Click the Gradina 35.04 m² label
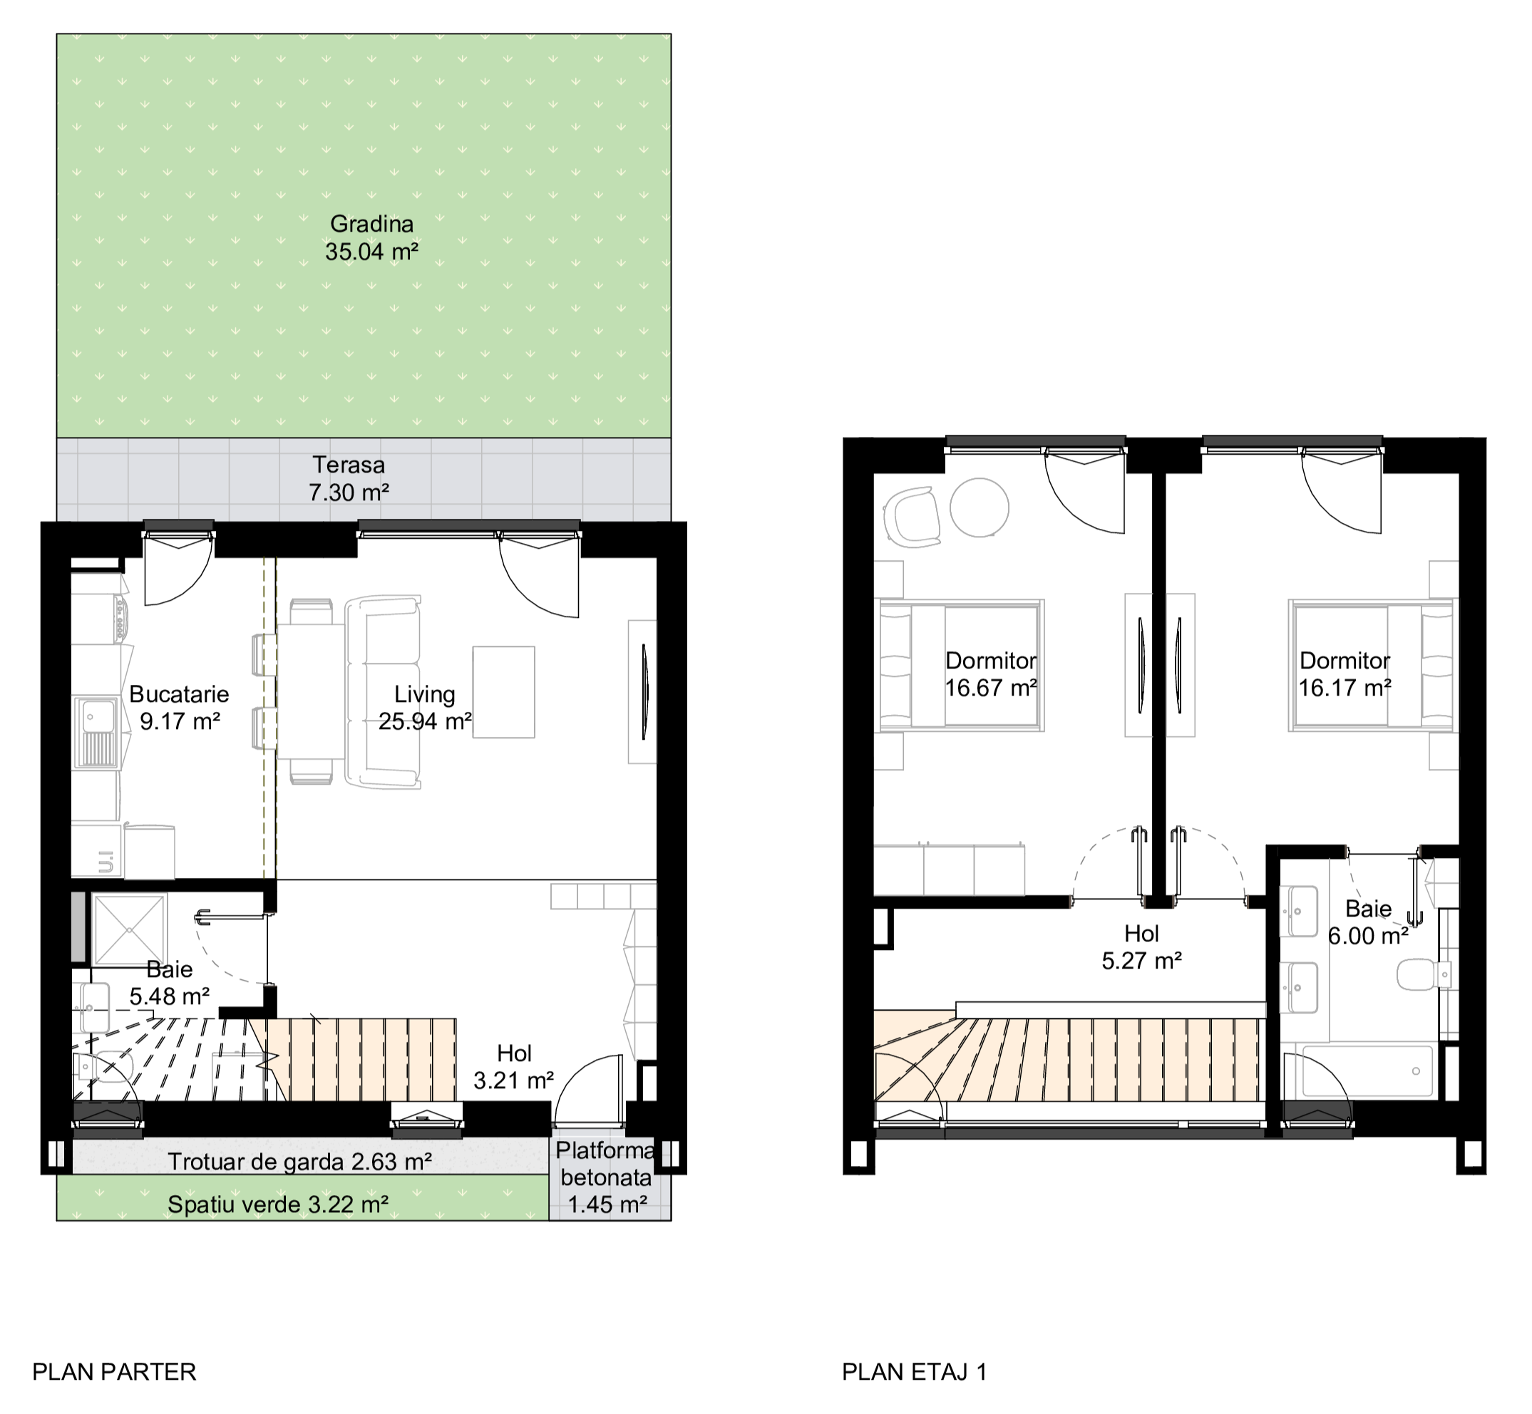pyautogui.click(x=372, y=238)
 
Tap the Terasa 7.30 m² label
pyautogui.click(x=348, y=478)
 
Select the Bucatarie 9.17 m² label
pyautogui.click(x=179, y=707)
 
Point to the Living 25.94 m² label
pyautogui.click(x=425, y=707)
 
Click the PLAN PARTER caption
pyautogui.click(x=114, y=1372)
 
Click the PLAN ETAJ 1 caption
pyautogui.click(x=915, y=1372)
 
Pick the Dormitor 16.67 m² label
pyautogui.click(x=991, y=674)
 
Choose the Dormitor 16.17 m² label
pyautogui.click(x=1345, y=674)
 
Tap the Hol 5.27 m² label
pyautogui.click(x=1142, y=946)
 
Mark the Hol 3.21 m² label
pyautogui.click(x=513, y=1067)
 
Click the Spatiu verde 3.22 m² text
pyautogui.click(x=278, y=1204)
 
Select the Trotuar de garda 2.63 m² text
pyautogui.click(x=300, y=1162)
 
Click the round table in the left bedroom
pyautogui.click(x=980, y=507)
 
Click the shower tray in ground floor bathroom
pyautogui.click(x=129, y=929)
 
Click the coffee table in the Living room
pyautogui.click(x=503, y=692)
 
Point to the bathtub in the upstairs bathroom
pyautogui.click(x=1366, y=1070)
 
